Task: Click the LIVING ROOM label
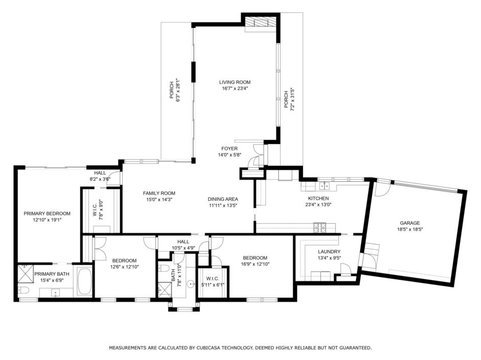click(x=235, y=82)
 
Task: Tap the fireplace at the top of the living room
click(x=261, y=22)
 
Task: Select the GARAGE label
click(x=409, y=223)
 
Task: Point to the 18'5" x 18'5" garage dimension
click(x=409, y=229)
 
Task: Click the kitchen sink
click(x=324, y=186)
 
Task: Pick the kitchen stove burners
click(x=319, y=227)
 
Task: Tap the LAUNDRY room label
click(x=329, y=252)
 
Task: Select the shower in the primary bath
click(x=26, y=274)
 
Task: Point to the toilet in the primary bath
click(x=24, y=290)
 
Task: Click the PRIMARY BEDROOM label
click(x=47, y=213)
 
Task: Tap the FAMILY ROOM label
click(x=159, y=194)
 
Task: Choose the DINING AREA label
click(x=223, y=199)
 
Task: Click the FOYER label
click(x=230, y=149)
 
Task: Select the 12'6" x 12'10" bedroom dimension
click(x=125, y=267)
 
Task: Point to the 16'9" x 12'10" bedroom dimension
click(x=255, y=264)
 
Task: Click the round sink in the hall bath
click(x=191, y=284)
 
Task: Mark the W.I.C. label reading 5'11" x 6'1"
click(x=213, y=281)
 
